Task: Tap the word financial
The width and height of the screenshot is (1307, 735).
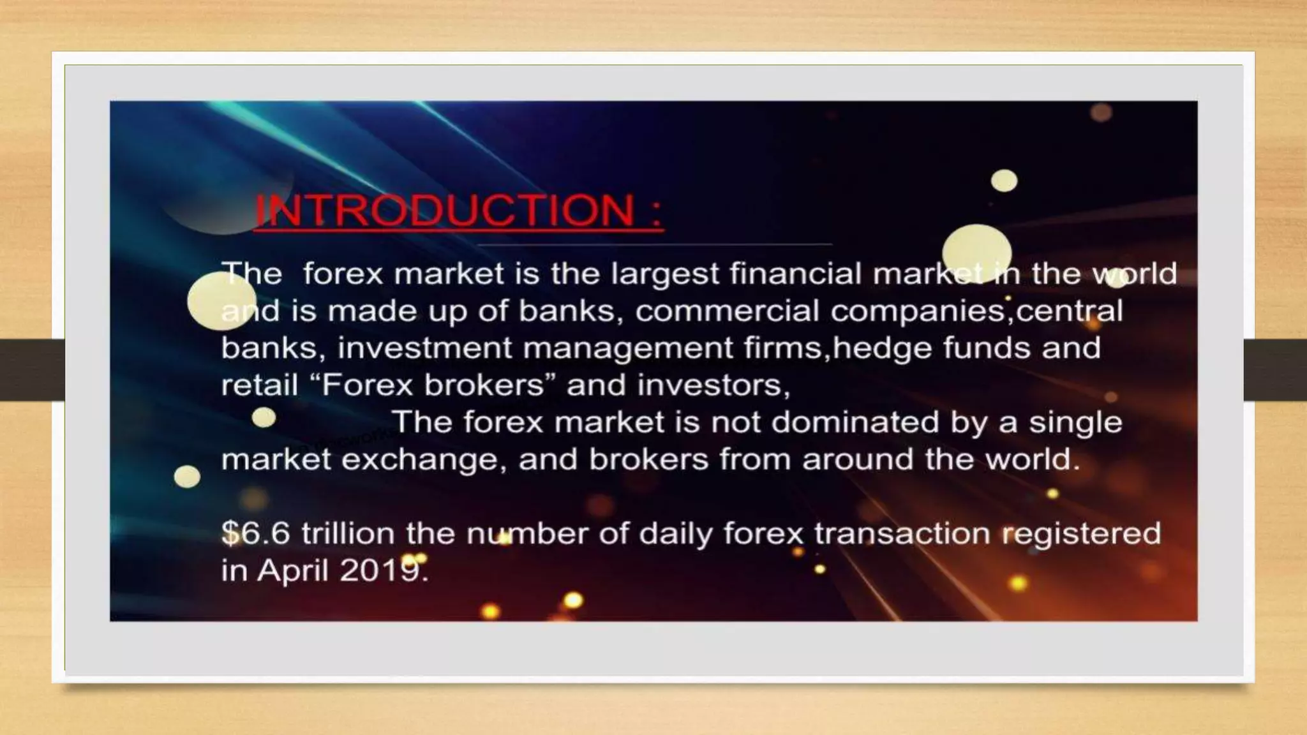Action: [795, 274]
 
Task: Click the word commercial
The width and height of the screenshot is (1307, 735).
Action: [727, 311]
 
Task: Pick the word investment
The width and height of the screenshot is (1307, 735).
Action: [424, 348]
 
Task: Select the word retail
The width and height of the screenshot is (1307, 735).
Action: [259, 385]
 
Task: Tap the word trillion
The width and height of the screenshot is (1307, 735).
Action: [348, 533]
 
